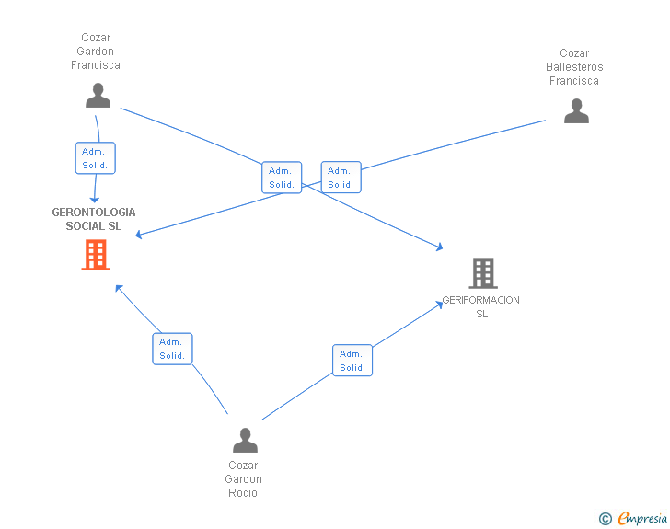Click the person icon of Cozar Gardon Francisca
click(98, 96)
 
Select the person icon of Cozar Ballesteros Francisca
click(576, 111)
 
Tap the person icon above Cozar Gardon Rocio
click(245, 440)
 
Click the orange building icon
click(96, 255)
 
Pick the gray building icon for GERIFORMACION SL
click(483, 273)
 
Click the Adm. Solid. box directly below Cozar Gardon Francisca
click(96, 158)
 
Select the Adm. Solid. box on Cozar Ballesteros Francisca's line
click(341, 178)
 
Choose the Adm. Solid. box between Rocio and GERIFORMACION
click(352, 361)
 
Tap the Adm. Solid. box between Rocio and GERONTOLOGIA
click(173, 349)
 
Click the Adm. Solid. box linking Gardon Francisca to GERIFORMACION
click(282, 178)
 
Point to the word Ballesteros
click(574, 67)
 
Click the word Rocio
click(243, 493)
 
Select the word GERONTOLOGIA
click(94, 213)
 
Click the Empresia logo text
click(642, 519)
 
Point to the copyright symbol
click(605, 519)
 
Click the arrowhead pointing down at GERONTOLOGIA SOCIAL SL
click(95, 200)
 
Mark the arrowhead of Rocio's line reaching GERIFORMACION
click(439, 305)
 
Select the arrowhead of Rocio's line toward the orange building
click(119, 289)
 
